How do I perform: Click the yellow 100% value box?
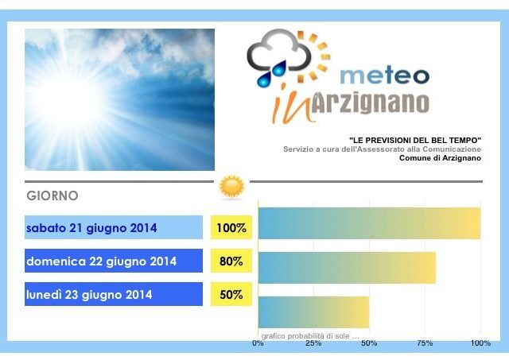[231, 227]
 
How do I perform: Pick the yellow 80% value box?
[231, 261]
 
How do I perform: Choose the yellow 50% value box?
[231, 294]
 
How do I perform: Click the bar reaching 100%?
[369, 223]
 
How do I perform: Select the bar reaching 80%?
[347, 268]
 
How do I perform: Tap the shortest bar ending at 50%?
[314, 312]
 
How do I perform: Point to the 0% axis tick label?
[258, 343]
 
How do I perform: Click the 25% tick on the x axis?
[313, 343]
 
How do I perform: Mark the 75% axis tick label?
[425, 343]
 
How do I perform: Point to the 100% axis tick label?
[480, 343]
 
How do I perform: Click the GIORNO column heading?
[52, 195]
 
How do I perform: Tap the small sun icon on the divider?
[231, 187]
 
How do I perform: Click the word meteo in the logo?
[385, 75]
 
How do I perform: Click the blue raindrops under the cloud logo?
[272, 74]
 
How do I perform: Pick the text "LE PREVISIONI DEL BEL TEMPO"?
[415, 141]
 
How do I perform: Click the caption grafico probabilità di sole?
[310, 336]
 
